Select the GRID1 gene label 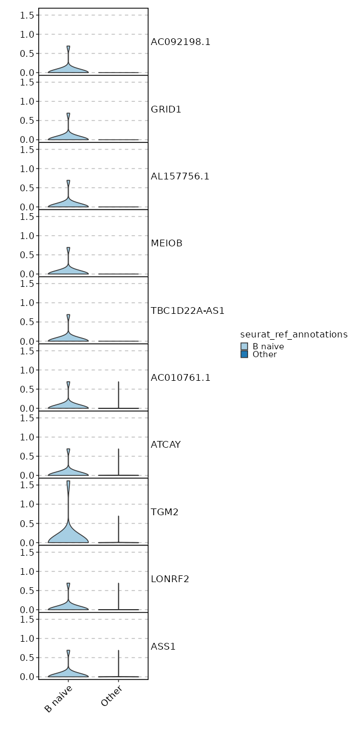(166, 109)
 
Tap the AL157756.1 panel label (180, 176)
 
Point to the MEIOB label (166, 244)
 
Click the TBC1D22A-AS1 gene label (187, 310)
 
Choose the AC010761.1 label (180, 377)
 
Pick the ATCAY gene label (165, 445)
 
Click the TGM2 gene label (164, 512)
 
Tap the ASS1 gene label (163, 646)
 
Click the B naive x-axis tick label (58, 699)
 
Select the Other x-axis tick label (112, 696)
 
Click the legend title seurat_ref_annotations (294, 335)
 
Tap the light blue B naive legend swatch (244, 346)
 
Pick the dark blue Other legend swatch (244, 354)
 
